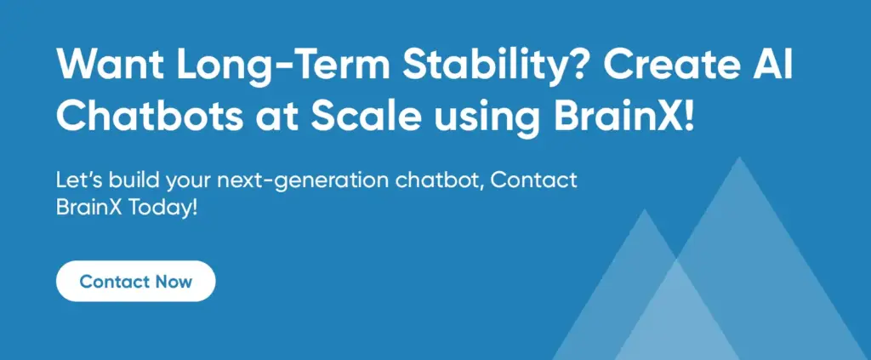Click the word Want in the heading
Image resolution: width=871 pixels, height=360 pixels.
tap(110, 66)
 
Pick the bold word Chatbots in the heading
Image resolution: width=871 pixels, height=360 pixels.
tap(150, 117)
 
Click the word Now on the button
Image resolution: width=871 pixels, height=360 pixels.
tap(174, 282)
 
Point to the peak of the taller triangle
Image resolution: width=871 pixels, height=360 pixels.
tap(739, 157)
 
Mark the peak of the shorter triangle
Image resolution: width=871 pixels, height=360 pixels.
tap(645, 209)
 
